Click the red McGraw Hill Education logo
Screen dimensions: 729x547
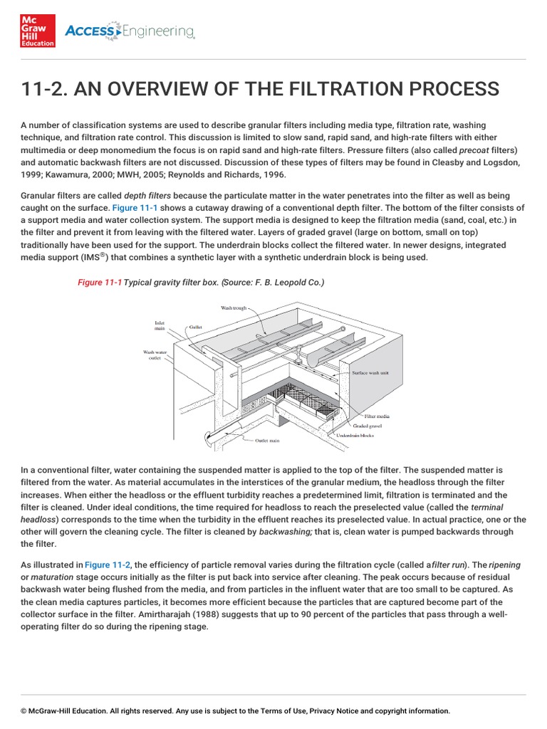38,31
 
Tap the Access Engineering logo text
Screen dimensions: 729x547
130,31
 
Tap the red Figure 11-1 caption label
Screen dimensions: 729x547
100,283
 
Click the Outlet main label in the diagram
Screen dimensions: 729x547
267,441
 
